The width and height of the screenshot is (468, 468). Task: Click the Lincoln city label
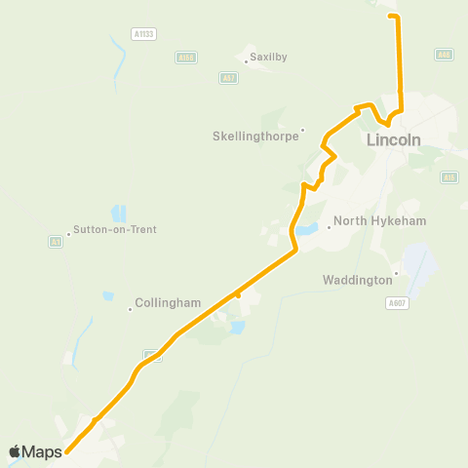(394, 140)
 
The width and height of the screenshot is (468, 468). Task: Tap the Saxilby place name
(269, 58)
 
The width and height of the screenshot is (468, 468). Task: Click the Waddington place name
(357, 280)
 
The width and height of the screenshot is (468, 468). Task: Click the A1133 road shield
(144, 33)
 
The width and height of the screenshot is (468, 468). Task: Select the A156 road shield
(186, 58)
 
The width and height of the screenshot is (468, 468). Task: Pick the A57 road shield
(228, 77)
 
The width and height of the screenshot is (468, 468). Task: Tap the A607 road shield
(395, 303)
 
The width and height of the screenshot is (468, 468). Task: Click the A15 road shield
(448, 176)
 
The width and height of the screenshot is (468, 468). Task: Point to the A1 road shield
(56, 241)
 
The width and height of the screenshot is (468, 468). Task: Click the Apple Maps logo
(35, 451)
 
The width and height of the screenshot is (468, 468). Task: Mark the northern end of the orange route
(393, 16)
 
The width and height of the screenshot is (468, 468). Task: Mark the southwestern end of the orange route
(67, 451)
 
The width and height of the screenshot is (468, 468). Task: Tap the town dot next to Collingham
(130, 309)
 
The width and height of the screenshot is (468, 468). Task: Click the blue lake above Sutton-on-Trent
(119, 213)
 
